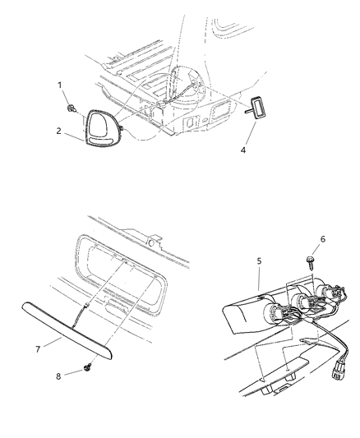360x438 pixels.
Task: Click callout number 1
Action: coord(60,85)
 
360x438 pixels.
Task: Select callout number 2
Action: coord(58,131)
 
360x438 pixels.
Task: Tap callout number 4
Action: coord(243,150)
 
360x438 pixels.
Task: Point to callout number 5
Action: coord(259,261)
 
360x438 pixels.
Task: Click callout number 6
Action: coord(322,239)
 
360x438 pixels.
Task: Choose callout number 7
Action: coord(38,349)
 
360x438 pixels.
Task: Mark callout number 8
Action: coord(58,376)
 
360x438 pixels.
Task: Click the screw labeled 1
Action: coord(72,108)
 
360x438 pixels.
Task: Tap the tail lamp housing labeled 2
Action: coord(103,128)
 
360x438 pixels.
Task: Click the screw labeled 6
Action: coord(311,262)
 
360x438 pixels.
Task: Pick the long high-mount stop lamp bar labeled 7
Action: coord(67,329)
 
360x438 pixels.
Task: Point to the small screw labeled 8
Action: coord(87,368)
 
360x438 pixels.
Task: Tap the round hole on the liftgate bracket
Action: coord(151,242)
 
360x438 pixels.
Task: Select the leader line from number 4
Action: coord(250,133)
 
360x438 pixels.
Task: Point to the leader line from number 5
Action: coord(259,278)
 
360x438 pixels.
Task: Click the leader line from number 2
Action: coord(74,137)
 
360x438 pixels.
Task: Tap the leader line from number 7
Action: coord(53,342)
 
